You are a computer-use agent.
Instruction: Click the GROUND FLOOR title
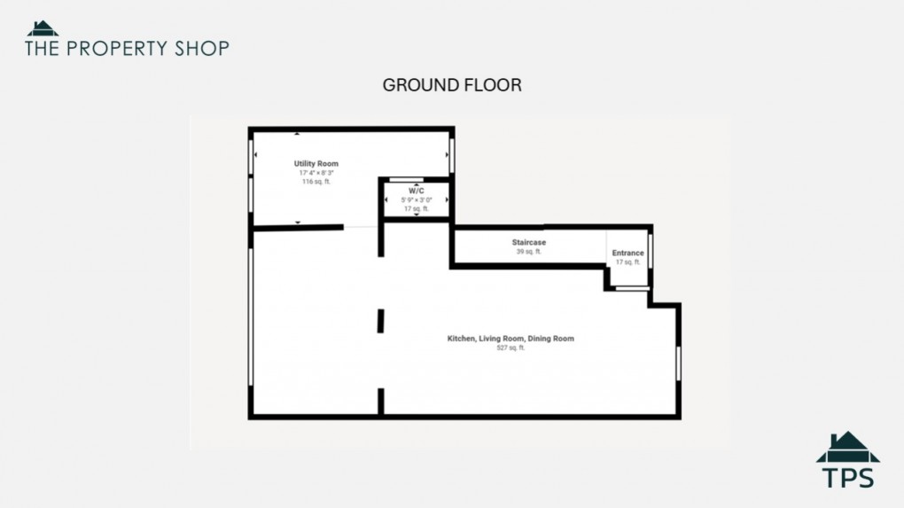click(451, 85)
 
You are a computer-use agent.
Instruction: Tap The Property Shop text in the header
click(127, 48)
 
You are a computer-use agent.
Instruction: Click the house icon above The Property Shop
click(43, 27)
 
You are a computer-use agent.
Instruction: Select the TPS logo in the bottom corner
click(847, 460)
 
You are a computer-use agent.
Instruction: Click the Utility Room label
click(316, 164)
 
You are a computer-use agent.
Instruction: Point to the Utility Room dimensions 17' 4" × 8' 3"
click(316, 173)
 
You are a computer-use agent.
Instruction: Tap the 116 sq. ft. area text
click(316, 182)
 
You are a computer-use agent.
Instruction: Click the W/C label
click(416, 191)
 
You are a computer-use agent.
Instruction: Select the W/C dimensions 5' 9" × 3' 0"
click(416, 199)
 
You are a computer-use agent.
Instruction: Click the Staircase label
click(528, 242)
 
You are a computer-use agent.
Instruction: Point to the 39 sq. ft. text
click(528, 252)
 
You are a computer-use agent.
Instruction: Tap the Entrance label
click(627, 254)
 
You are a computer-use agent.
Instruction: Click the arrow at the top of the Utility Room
click(297, 134)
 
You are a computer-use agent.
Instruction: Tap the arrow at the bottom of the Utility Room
click(297, 223)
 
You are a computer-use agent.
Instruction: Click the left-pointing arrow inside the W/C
click(386, 199)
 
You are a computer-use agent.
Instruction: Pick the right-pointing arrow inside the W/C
click(446, 199)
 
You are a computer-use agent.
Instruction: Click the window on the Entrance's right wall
click(651, 252)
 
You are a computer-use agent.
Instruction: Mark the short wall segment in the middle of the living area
click(380, 320)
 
